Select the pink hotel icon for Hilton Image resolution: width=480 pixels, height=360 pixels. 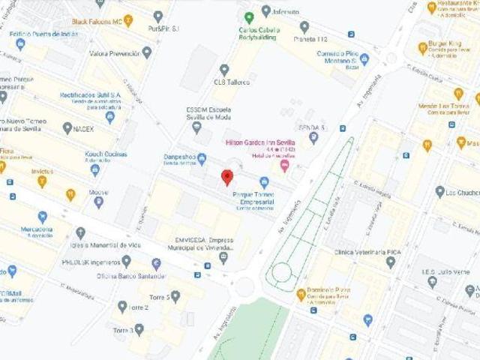tap(284, 164)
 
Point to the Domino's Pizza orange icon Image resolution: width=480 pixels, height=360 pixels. tap(301, 294)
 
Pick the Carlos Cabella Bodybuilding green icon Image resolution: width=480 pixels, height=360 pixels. tap(249, 16)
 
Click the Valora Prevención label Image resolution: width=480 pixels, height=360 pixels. tap(114, 53)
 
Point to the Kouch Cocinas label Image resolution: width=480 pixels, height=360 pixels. tap(103, 154)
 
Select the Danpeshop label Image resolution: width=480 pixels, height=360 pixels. tap(169, 158)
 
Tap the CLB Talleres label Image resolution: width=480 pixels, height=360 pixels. tap(232, 81)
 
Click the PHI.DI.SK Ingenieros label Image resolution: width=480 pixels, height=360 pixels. tap(91, 262)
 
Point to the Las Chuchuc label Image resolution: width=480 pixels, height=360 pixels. tap(462, 192)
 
